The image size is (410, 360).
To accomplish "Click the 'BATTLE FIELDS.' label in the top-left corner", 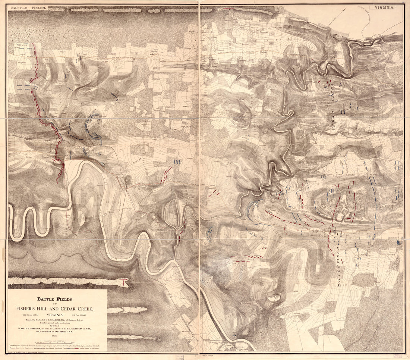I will pos(28,7).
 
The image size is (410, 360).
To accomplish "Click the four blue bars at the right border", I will pos(399,242).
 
